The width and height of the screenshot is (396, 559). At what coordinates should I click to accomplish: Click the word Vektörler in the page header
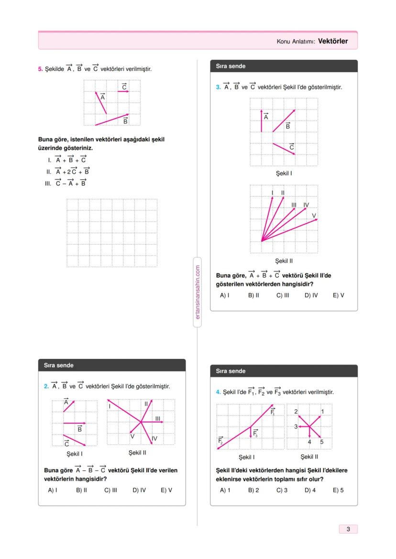pos(333,41)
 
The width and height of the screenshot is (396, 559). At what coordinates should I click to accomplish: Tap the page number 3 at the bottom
pos(348,529)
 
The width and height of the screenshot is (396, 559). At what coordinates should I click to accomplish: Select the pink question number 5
pos(40,69)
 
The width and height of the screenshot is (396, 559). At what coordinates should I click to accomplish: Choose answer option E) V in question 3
pos(338,295)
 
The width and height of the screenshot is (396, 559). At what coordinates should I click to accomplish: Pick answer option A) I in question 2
pos(53,490)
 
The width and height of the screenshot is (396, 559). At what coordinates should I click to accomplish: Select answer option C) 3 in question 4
pos(282,490)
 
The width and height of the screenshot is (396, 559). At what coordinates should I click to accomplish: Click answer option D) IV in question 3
pos(311,295)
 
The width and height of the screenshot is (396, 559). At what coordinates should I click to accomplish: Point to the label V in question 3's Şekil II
pos(314,215)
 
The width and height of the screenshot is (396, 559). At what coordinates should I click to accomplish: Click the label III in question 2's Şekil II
pos(157,419)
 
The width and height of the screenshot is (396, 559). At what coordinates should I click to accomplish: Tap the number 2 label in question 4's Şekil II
pos(296,412)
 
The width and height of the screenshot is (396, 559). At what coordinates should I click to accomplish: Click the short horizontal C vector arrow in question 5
pos(123,91)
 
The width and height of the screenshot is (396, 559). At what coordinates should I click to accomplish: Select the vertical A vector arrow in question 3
pos(262,121)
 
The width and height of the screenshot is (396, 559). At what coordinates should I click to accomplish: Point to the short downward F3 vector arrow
pos(251,431)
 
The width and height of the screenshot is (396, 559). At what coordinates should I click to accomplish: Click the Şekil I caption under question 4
pos(246,457)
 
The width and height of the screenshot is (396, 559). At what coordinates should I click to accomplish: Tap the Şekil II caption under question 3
pos(284,261)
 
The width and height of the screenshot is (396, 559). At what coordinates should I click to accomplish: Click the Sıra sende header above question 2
pos(56,365)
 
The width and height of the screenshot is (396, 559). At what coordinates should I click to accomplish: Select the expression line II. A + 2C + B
pos(68,171)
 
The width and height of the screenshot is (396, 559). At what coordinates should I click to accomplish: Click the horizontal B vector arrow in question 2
pos(74,424)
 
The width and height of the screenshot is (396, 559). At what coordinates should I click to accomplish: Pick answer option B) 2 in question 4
pos(253,490)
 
